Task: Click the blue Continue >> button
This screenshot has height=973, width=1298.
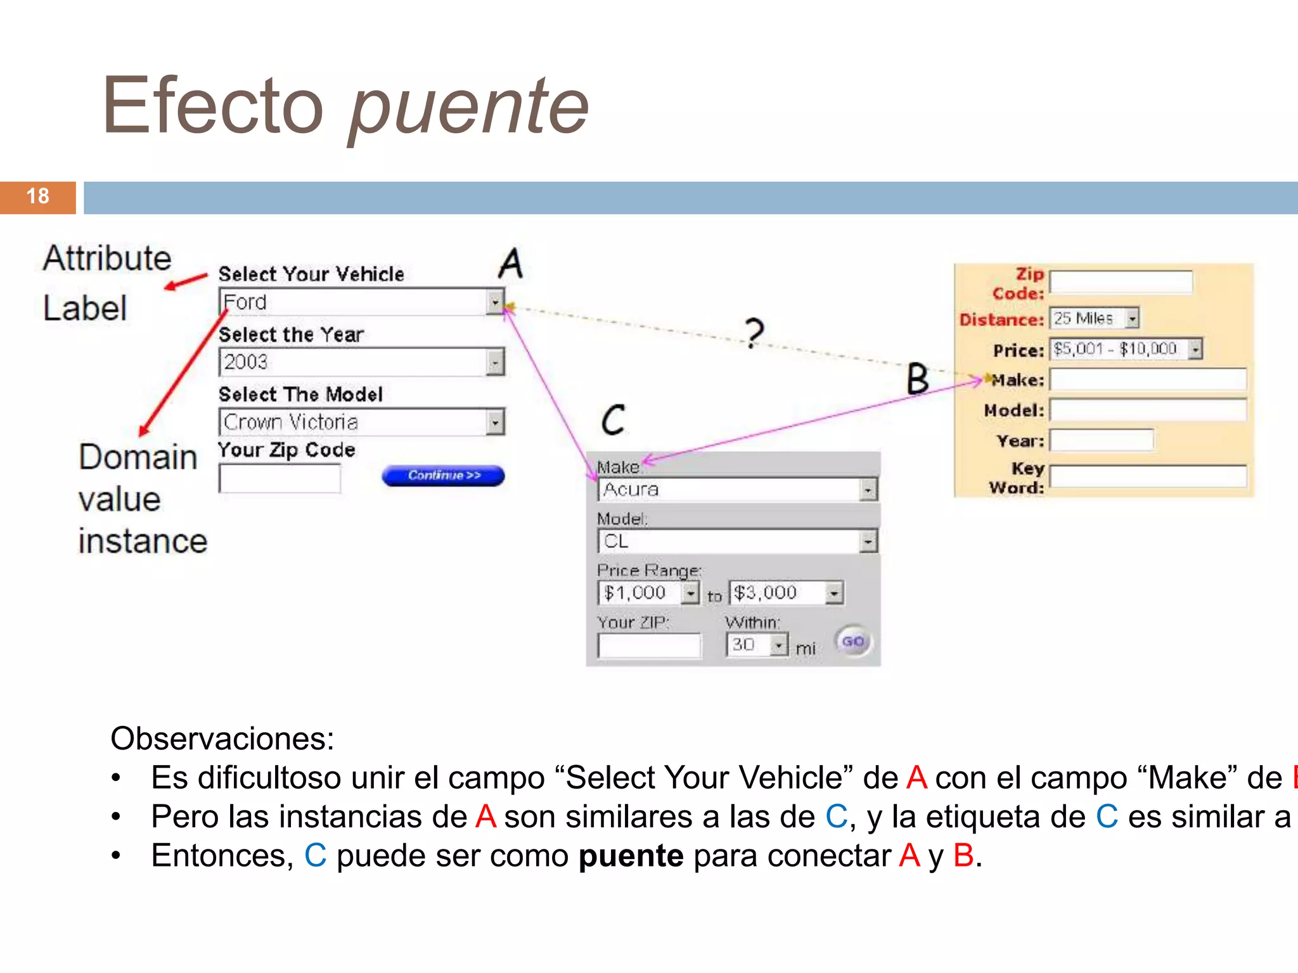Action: click(x=443, y=476)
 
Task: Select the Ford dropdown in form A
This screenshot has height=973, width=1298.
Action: click(x=361, y=302)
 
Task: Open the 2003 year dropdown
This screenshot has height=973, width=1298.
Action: click(x=361, y=362)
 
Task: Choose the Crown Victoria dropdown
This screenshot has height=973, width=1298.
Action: click(x=361, y=423)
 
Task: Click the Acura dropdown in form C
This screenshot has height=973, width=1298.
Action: click(x=737, y=490)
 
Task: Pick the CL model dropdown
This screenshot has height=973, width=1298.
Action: click(x=737, y=542)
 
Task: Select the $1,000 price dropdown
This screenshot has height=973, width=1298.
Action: click(x=648, y=593)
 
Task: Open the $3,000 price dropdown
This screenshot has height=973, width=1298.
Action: click(x=786, y=593)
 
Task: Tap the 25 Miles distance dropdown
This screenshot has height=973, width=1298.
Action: click(x=1094, y=318)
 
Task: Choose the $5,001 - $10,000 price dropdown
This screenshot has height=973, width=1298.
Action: click(x=1126, y=349)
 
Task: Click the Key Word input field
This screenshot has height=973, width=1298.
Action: click(x=1148, y=476)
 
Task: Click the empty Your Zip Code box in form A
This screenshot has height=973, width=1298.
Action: click(x=280, y=479)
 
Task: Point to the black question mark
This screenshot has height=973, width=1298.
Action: click(x=754, y=333)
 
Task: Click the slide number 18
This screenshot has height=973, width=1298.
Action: click(x=38, y=196)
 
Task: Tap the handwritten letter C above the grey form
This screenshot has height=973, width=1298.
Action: click(x=613, y=419)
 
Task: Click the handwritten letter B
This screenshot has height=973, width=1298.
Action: click(x=917, y=379)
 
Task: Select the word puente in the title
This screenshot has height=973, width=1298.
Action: click(x=469, y=108)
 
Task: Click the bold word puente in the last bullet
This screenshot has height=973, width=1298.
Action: click(x=631, y=856)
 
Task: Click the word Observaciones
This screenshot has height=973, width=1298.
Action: click(x=222, y=739)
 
